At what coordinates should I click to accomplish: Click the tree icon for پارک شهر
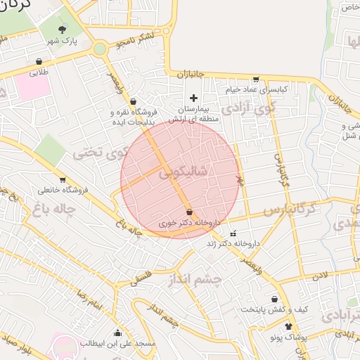pyautogui.click(x=64, y=30)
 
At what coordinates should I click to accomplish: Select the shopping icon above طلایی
pyautogui.click(x=39, y=60)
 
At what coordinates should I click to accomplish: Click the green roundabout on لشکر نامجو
pyautogui.click(x=99, y=49)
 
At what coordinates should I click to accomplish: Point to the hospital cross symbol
pyautogui.click(x=195, y=98)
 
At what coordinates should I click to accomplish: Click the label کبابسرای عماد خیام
pyautogui.click(x=257, y=90)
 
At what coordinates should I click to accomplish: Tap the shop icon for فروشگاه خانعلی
pyautogui.click(x=63, y=179)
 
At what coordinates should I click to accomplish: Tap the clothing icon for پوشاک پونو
pyautogui.click(x=289, y=326)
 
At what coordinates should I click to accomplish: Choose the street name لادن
pyautogui.click(x=321, y=274)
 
